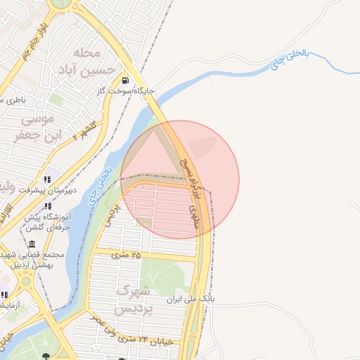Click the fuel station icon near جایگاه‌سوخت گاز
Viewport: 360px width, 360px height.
(x=125, y=80)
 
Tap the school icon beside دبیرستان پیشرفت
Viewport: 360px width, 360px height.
(x=47, y=179)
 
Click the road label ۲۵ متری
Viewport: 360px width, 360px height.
(x=126, y=255)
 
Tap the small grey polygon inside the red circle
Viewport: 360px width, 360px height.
(x=203, y=146)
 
